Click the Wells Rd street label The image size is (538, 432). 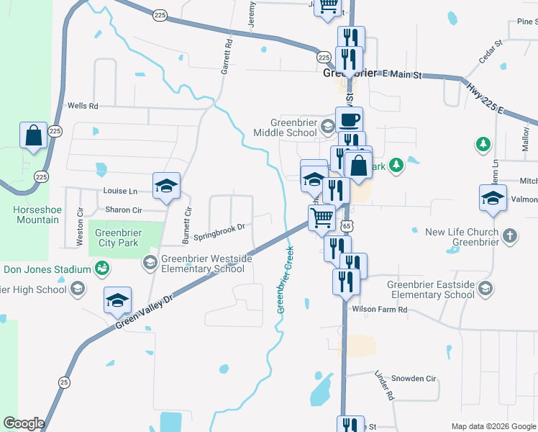(82, 106)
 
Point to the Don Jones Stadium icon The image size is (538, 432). (102, 269)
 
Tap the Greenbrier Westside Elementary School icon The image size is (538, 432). (150, 261)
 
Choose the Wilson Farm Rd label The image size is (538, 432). (380, 310)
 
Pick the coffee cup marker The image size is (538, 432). (350, 119)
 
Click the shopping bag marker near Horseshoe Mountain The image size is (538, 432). (34, 135)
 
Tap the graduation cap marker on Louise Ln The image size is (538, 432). (166, 186)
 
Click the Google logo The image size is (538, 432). (24, 423)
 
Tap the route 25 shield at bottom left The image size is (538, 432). (65, 382)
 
